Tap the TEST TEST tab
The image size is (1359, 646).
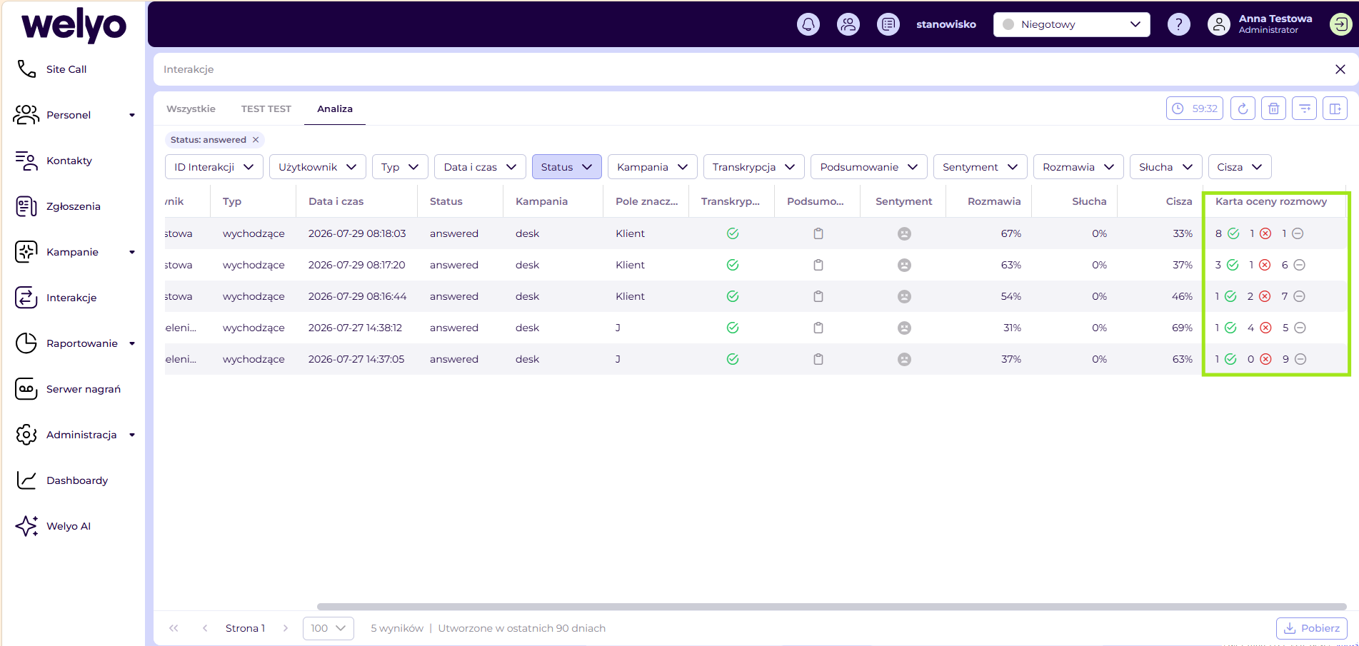coord(266,109)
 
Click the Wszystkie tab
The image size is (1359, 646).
coord(191,109)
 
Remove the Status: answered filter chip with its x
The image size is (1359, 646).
coord(256,140)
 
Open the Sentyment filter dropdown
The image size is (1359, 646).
coord(980,167)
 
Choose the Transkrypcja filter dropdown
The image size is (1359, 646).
coord(753,167)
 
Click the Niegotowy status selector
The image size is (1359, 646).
coord(1071,24)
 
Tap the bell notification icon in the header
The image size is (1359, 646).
coord(808,24)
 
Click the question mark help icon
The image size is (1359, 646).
coord(1178,24)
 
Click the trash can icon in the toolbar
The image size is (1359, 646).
coord(1273,108)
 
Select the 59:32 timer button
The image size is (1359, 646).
coord(1195,108)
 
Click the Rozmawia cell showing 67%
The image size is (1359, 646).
coord(1011,233)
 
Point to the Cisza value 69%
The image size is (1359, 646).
coord(1182,328)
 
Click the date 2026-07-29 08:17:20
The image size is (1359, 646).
coord(356,265)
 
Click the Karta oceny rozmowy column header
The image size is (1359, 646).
coord(1271,201)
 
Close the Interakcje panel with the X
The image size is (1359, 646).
coord(1340,69)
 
